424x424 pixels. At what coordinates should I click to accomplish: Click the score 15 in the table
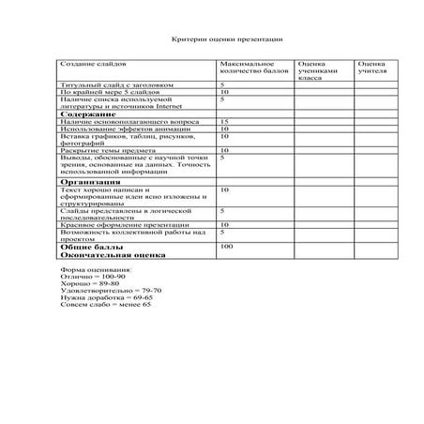pyautogui.click(x=224, y=122)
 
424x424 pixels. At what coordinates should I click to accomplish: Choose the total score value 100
pyautogui.click(x=225, y=246)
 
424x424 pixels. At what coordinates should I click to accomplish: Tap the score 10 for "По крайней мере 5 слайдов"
pyautogui.click(x=224, y=93)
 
